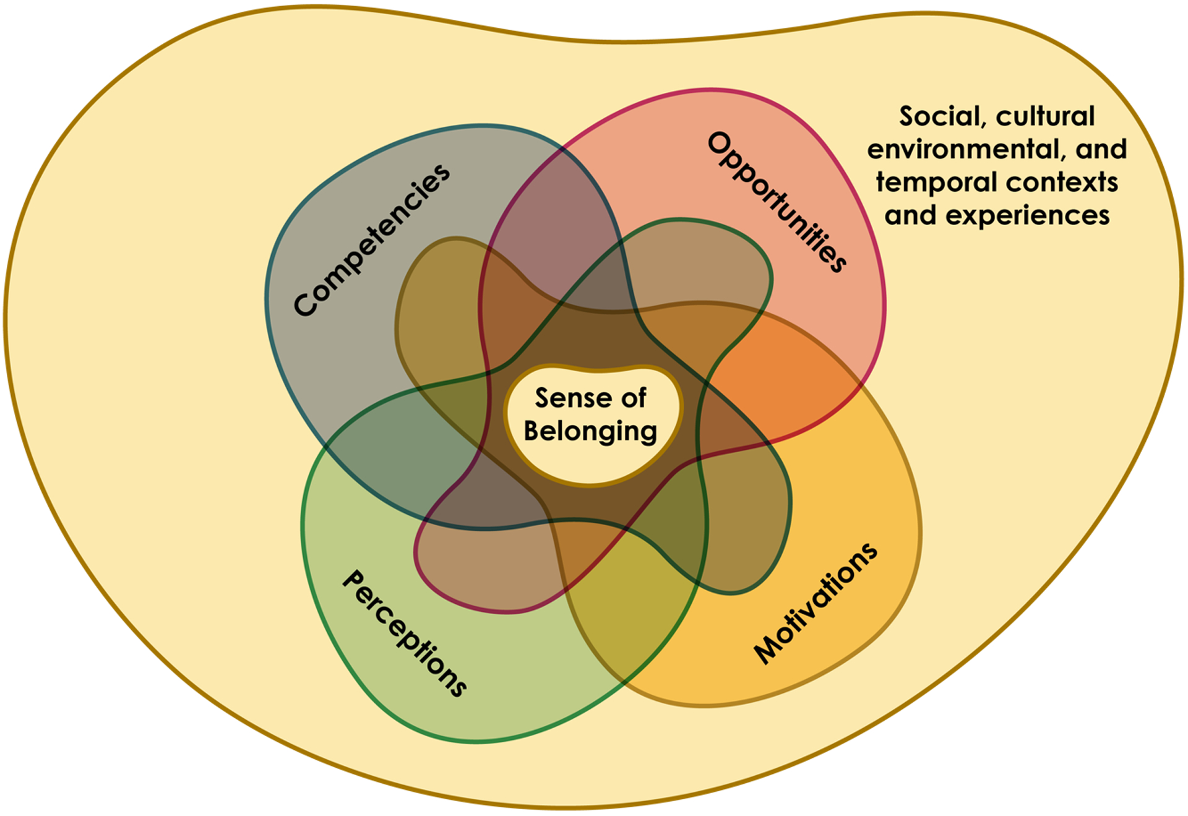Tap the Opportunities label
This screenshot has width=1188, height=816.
[x=777, y=202]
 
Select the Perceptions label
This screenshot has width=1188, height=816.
[x=405, y=633]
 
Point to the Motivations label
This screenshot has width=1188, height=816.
[x=816, y=604]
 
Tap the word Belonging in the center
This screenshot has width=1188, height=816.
[x=590, y=431]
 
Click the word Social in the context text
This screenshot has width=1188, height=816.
[x=939, y=117]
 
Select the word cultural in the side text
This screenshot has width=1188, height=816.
[x=1046, y=117]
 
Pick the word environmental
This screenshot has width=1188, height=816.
[x=966, y=150]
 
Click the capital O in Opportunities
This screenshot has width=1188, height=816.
[x=720, y=144]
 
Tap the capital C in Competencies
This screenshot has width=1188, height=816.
[x=305, y=304]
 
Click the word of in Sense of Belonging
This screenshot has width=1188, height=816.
[x=634, y=398]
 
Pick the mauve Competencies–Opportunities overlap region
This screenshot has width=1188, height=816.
[x=551, y=210]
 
